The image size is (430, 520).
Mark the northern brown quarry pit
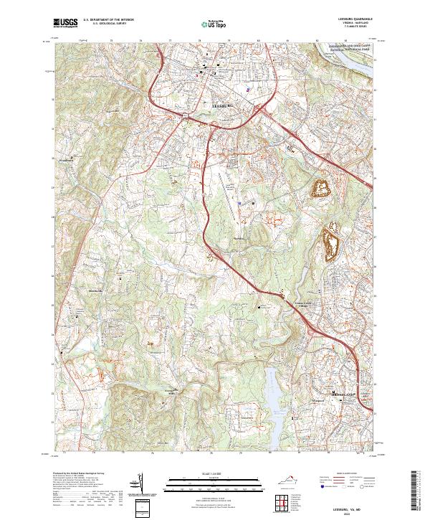320,188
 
